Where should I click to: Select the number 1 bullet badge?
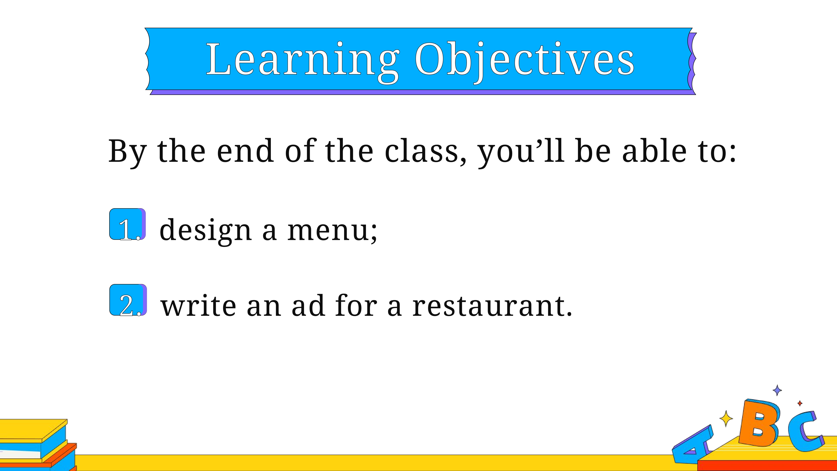(127, 224)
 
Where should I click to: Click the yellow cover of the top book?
(33, 429)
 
